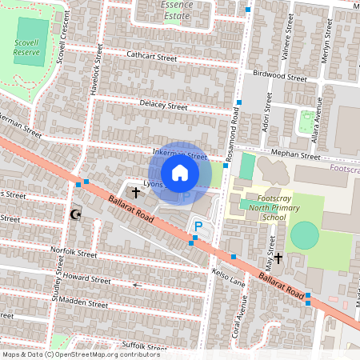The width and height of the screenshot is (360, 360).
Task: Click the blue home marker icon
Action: (180, 173)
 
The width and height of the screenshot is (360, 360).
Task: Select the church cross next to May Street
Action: (278, 258)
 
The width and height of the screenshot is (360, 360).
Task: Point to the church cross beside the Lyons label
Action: (135, 193)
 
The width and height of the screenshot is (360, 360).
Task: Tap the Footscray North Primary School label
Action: (262, 206)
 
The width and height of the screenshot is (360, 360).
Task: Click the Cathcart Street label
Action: (151, 57)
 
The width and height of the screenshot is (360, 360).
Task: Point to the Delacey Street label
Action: (162, 106)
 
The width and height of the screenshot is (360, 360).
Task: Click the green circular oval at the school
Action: (304, 236)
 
